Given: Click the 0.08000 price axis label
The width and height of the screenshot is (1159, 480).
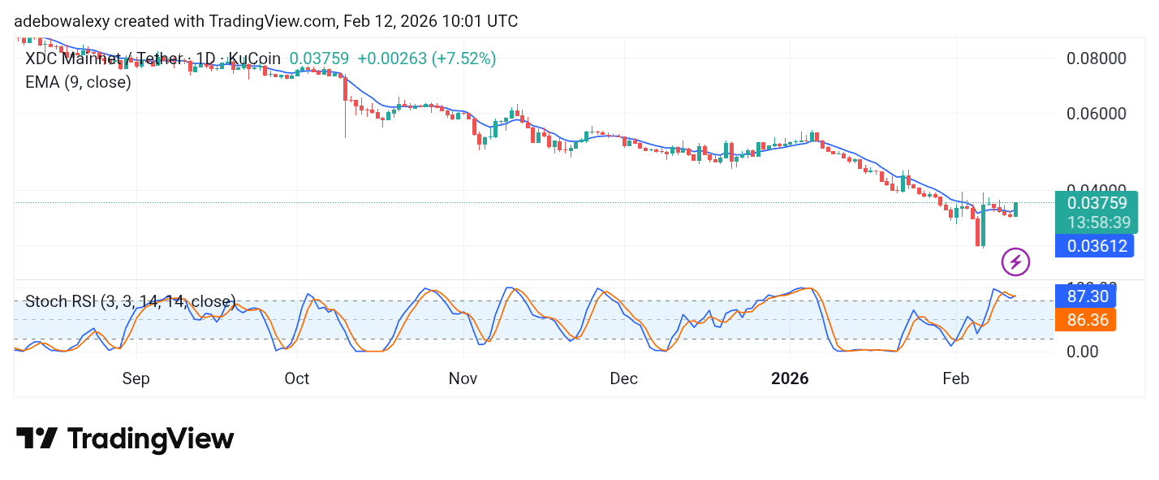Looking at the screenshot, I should point(1095,58).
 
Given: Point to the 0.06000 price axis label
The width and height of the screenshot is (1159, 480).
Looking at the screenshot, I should point(1095,113).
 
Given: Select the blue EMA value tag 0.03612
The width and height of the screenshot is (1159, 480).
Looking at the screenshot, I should point(1095,245).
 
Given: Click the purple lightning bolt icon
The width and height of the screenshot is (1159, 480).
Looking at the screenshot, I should point(1015,262).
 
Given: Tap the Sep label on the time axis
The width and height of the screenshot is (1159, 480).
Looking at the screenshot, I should point(136,378).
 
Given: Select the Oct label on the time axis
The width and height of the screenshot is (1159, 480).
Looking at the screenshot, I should point(297,378).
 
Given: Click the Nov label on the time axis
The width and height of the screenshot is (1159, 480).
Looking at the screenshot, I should point(463,378).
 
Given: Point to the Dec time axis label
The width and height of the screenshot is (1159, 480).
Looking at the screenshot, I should point(623,378).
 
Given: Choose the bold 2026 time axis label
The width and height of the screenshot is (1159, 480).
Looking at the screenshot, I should point(789,378).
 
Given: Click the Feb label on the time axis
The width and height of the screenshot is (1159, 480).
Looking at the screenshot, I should point(956,378).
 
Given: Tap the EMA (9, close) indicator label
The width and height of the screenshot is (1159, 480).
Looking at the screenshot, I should point(78,82).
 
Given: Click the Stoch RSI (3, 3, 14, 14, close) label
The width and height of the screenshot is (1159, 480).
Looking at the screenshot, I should point(130,301).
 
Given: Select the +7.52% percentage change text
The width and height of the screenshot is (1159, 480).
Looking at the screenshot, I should point(463,58).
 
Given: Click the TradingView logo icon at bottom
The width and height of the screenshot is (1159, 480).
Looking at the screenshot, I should point(37,439).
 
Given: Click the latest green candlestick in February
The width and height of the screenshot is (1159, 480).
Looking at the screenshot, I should point(1015,209).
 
